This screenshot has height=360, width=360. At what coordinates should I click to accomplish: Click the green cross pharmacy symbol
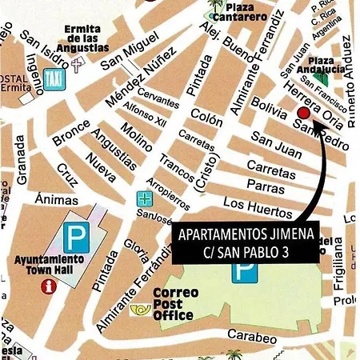[144, 198]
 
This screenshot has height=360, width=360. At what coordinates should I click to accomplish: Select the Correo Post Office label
[174, 303]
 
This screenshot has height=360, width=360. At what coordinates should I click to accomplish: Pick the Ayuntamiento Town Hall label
[49, 265]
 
